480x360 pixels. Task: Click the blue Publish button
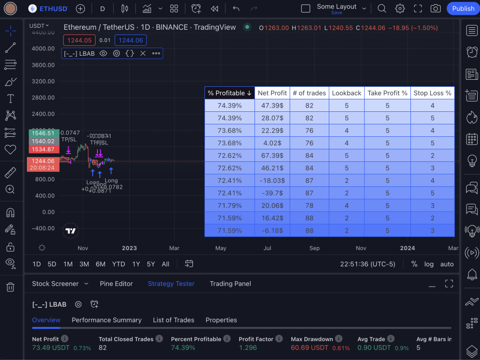tap(463, 9)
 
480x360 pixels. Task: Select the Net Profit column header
tap(272, 93)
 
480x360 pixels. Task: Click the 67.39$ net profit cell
tap(272, 156)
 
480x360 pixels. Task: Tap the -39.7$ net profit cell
tap(272, 193)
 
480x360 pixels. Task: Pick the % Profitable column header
tap(230, 93)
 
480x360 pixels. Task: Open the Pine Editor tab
tap(116, 284)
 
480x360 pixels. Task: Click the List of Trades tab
tap(173, 320)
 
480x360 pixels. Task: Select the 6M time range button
tap(100, 264)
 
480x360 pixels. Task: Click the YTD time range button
tap(119, 264)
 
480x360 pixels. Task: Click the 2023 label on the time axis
tap(129, 248)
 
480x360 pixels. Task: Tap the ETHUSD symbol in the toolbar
tap(48, 9)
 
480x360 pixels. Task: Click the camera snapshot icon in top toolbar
tap(435, 9)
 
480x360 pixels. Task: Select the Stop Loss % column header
tap(432, 93)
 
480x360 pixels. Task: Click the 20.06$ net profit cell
tap(272, 205)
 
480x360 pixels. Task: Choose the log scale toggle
tap(429, 264)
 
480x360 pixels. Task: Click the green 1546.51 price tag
tap(43, 133)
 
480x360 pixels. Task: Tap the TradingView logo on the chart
tap(71, 231)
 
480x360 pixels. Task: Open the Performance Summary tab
tap(107, 320)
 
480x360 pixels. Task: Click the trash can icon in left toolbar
tap(10, 287)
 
